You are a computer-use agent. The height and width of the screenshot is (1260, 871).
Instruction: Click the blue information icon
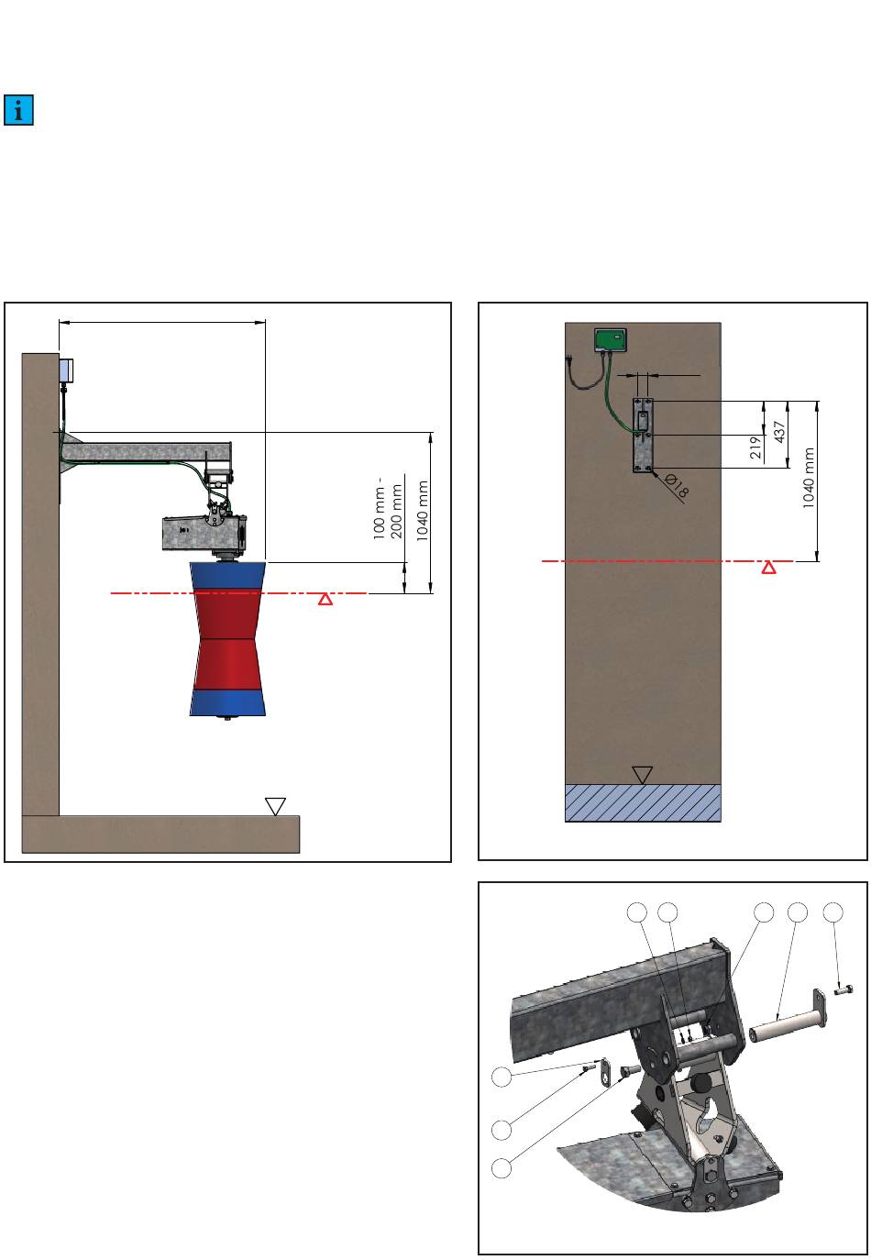pos(18,110)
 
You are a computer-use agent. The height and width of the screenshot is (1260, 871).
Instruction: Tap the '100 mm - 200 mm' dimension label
pos(388,508)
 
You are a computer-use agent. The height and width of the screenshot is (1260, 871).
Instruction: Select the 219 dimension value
pos(756,448)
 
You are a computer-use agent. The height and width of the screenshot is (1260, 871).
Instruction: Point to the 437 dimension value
pos(779,432)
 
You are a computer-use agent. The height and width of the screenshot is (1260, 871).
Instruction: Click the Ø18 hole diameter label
pos(676,485)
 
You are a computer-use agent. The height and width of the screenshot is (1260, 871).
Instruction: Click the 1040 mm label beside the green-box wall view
pos(809,478)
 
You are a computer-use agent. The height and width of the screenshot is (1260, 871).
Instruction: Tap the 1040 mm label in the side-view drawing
pos(423,511)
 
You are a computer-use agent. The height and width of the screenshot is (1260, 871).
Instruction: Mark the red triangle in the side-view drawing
pos(325,600)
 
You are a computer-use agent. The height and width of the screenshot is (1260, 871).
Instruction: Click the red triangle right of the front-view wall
pos(768,568)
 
